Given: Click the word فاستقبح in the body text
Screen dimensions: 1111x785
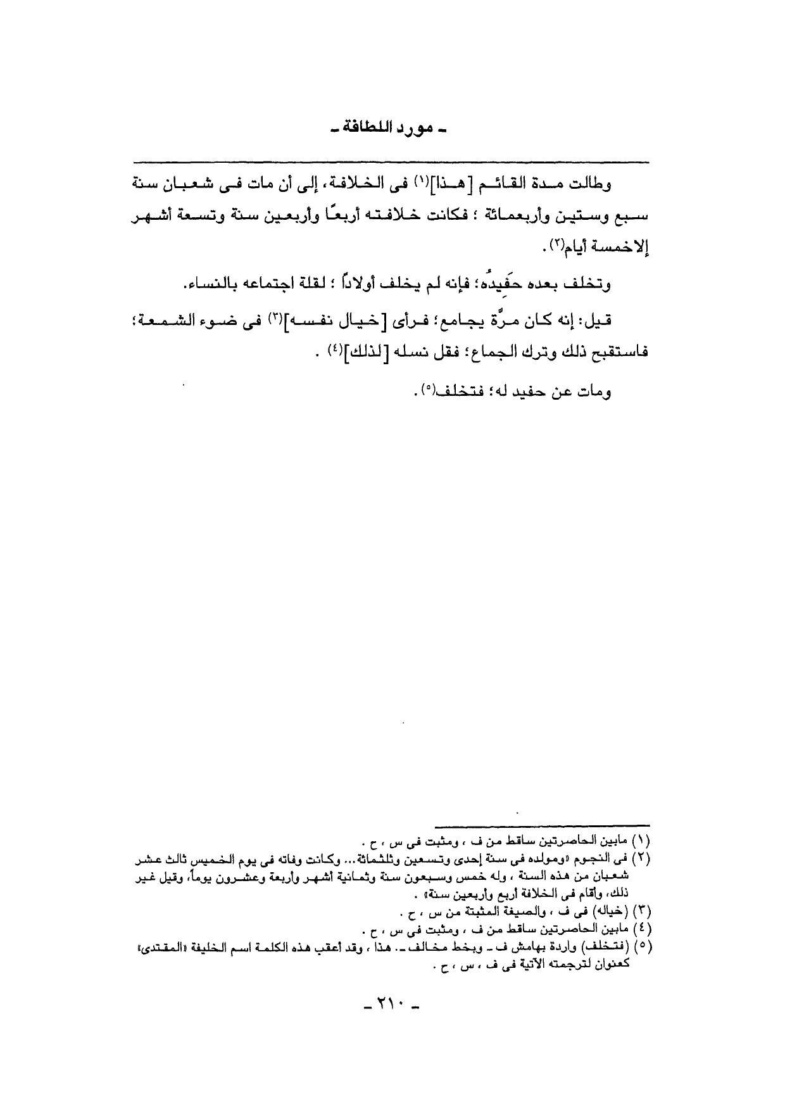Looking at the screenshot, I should [x=617, y=351].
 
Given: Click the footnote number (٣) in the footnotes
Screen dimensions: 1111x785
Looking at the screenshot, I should [x=642, y=914].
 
